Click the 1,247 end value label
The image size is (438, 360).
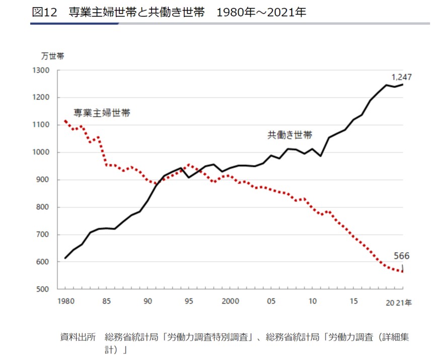tap(402, 78)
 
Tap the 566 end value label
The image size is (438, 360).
tap(402, 256)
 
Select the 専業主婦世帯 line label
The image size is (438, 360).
tap(102, 113)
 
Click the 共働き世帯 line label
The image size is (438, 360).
tap(289, 135)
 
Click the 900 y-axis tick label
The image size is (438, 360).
tap(44, 180)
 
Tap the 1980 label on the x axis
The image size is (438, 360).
tap(66, 301)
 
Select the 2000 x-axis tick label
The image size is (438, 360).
tap(230, 301)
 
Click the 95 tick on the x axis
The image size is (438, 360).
tap(189, 301)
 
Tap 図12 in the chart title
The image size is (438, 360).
tap(45, 12)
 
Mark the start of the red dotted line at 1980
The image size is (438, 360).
tap(65, 121)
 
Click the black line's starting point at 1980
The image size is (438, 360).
tap(65, 258)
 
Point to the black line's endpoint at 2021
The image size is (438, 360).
tap(403, 85)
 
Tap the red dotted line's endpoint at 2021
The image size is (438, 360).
tap(403, 271)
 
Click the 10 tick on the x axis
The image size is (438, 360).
tap(312, 301)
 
